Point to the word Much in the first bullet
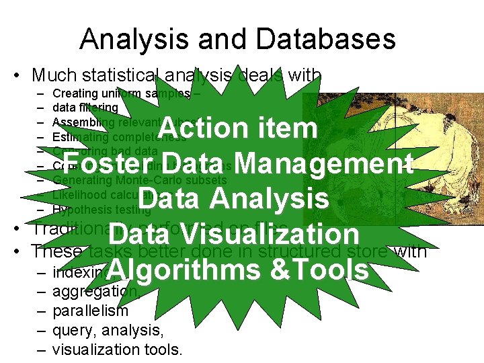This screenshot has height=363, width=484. coord(54,75)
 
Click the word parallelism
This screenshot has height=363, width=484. coord(90,311)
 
